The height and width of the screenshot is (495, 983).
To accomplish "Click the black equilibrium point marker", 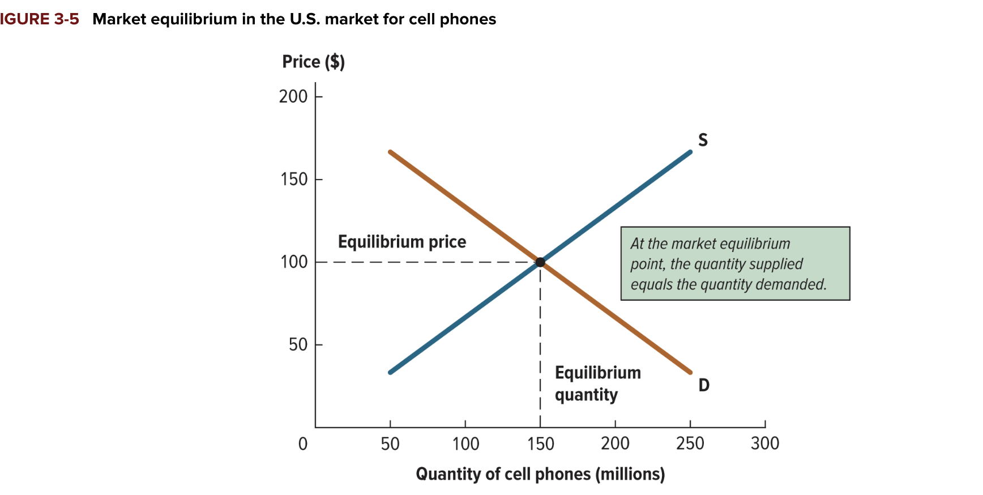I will (x=540, y=262).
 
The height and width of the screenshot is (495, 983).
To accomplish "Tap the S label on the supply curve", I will (x=703, y=140).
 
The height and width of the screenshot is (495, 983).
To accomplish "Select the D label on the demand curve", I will (x=704, y=385).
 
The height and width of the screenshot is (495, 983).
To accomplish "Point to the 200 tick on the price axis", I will (x=293, y=97).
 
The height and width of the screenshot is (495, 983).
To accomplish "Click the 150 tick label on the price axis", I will (x=294, y=180).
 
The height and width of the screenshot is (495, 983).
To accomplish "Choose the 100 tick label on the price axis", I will (x=294, y=262).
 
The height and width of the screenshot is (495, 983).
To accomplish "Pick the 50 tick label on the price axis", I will (x=298, y=345).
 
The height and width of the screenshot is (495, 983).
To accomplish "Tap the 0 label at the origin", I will (x=303, y=444).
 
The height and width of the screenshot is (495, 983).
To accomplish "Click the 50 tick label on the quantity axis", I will (x=390, y=443).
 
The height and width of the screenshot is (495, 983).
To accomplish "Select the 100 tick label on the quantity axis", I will (x=465, y=443).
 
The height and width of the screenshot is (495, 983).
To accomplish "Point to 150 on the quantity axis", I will (x=540, y=443).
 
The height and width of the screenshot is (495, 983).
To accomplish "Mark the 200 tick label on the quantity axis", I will (x=615, y=443).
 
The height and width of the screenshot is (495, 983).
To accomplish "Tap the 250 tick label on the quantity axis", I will (x=690, y=443).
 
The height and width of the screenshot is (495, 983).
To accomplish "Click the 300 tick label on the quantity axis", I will (x=765, y=443).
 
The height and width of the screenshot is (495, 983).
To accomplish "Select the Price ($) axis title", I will (x=313, y=62).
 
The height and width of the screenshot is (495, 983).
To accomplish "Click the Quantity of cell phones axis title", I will (x=540, y=474).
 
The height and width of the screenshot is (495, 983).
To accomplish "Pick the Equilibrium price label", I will (x=402, y=242).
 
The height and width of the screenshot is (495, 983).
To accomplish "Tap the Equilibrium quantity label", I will (x=597, y=383).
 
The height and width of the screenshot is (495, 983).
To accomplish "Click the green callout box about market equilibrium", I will (x=735, y=264).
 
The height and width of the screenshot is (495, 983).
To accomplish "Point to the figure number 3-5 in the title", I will (x=67, y=19).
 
